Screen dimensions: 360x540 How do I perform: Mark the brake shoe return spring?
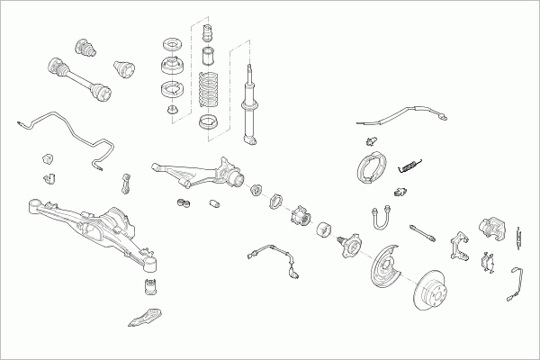(410, 164)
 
